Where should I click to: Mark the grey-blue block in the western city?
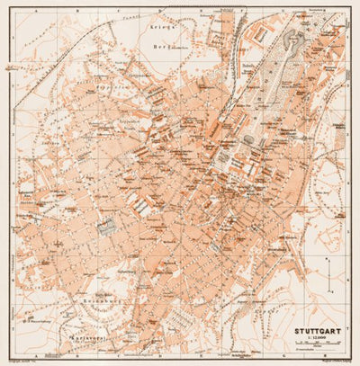pyautogui.click(x=106, y=228)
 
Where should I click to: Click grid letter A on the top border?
pyautogui.click(x=37, y=13)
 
